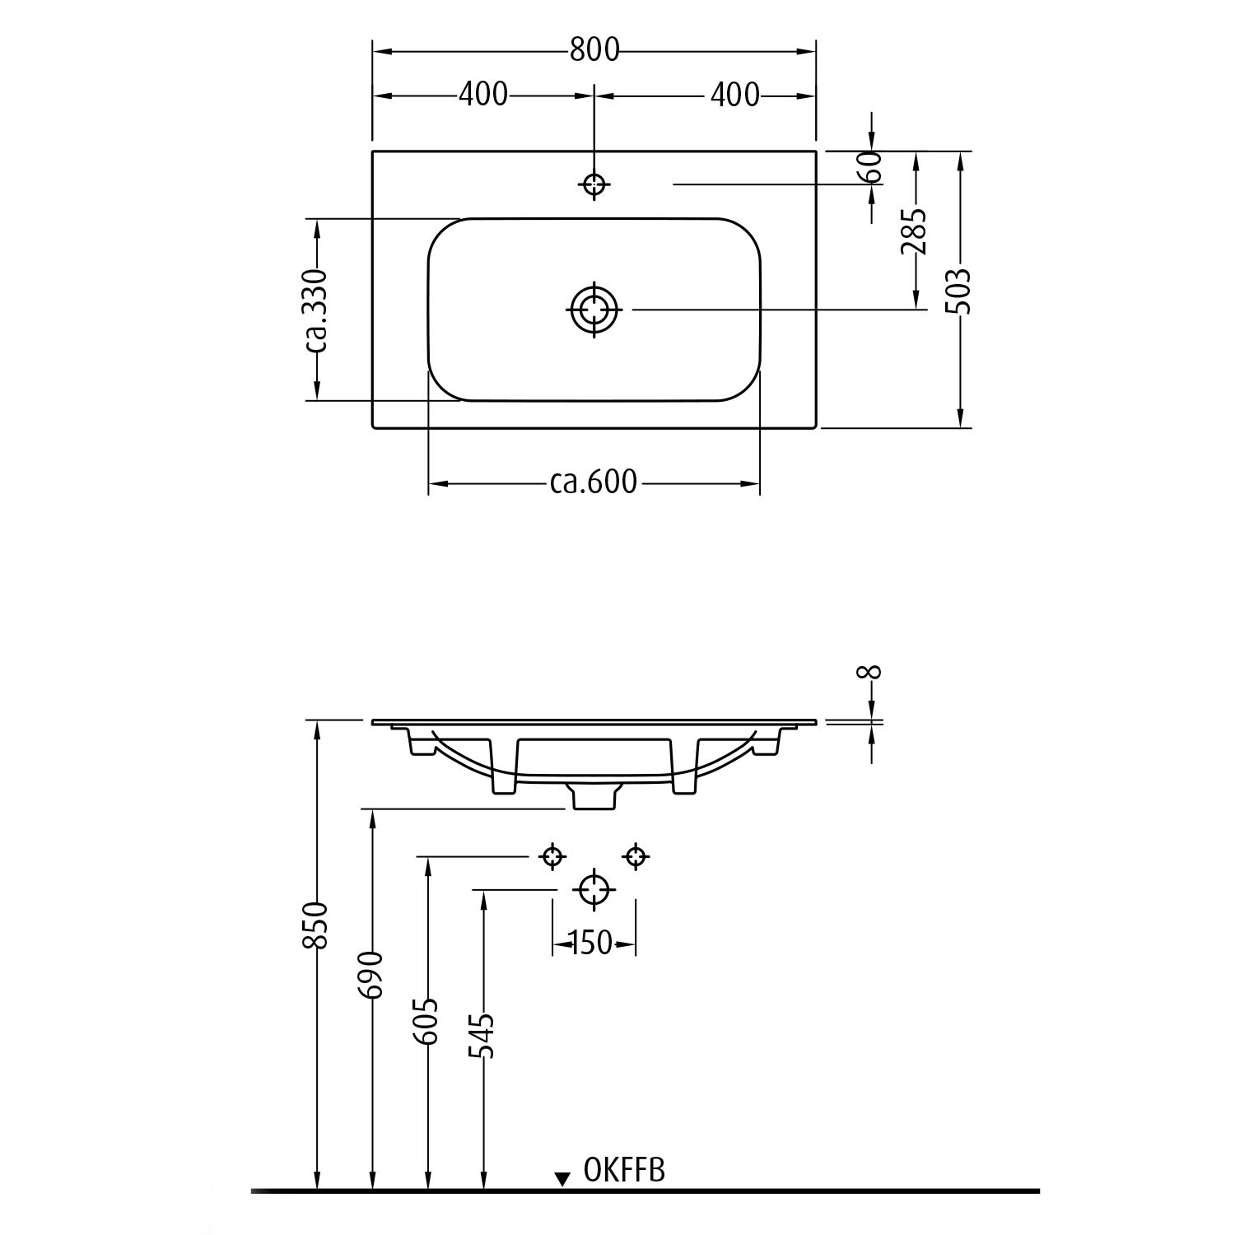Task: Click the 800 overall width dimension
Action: pos(594,50)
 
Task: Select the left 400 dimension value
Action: pos(483,95)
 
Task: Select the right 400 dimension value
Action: pos(734,95)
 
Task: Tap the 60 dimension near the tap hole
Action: pos(873,167)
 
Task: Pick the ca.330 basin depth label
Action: pos(317,310)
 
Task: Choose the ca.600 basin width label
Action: pos(594,482)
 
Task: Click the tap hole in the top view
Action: pos(594,184)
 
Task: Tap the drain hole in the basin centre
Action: pos(594,310)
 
